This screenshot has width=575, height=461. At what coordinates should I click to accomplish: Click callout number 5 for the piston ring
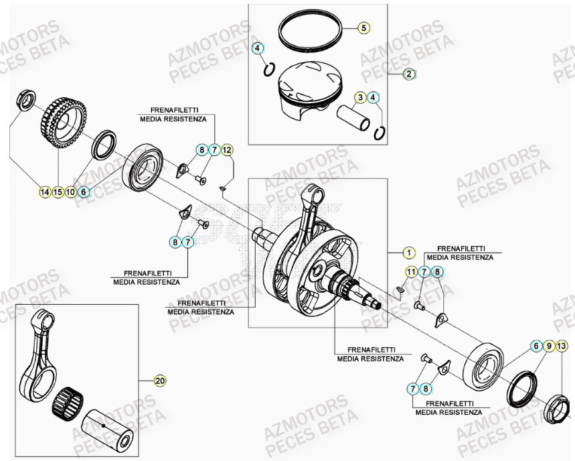coord(363,28)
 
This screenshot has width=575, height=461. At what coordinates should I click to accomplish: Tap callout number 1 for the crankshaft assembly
coord(406,253)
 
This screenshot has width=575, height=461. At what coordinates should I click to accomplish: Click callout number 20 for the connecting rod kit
coord(159,381)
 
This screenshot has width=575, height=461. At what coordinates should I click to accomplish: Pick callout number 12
coord(227,149)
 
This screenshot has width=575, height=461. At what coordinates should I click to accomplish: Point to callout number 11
coord(411,271)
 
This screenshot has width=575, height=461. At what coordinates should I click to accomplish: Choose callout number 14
coord(45,192)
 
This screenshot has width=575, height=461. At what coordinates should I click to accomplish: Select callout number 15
coord(58,192)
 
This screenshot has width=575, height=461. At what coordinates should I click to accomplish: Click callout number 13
coord(562,346)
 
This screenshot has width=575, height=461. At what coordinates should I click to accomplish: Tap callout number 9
coord(549,346)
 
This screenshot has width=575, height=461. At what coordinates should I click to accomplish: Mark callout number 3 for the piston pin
coord(360,98)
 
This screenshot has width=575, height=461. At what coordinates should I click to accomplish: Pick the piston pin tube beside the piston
coord(355,121)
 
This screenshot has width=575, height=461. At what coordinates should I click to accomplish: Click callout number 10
coord(70,192)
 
